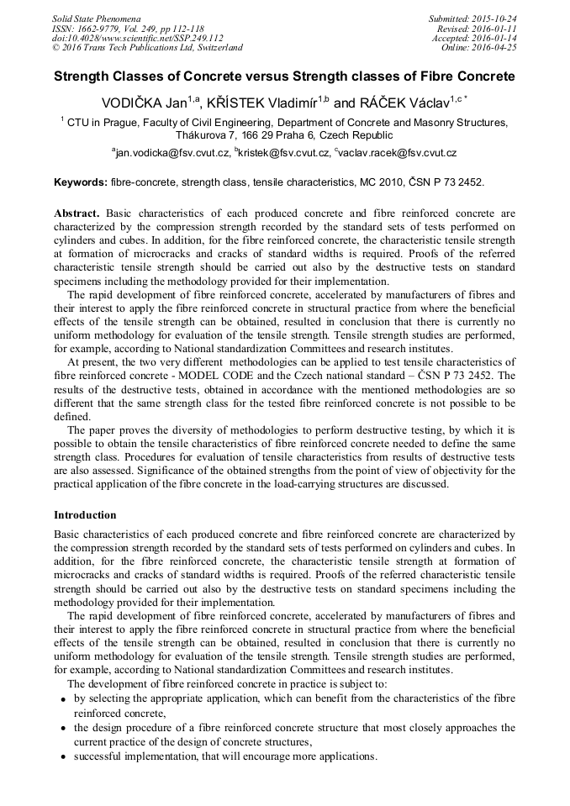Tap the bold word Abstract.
pyautogui.click(x=77, y=213)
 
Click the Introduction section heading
pyautogui.click(x=85, y=514)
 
